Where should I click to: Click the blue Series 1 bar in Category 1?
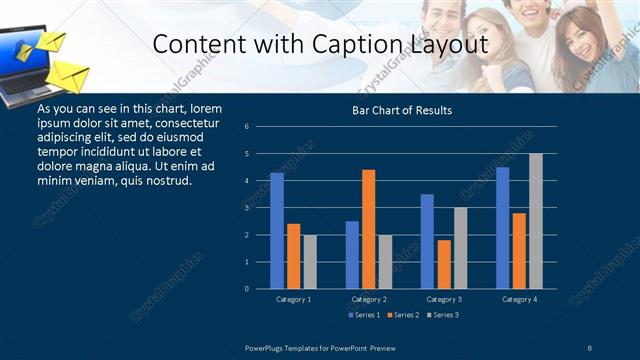click(277, 231)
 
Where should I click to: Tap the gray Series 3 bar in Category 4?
click(535, 221)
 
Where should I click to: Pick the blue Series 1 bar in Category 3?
click(427, 241)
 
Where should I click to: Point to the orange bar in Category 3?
click(443, 264)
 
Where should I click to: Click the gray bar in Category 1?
click(309, 262)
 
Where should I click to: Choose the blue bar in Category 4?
click(502, 228)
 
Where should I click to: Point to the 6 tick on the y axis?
click(246, 127)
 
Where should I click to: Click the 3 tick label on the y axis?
click(246, 208)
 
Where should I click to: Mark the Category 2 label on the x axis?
click(368, 299)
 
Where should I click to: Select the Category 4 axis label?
click(519, 299)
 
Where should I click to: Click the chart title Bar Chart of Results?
click(402, 110)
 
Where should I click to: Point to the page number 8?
click(589, 347)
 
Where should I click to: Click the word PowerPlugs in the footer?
click(267, 347)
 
